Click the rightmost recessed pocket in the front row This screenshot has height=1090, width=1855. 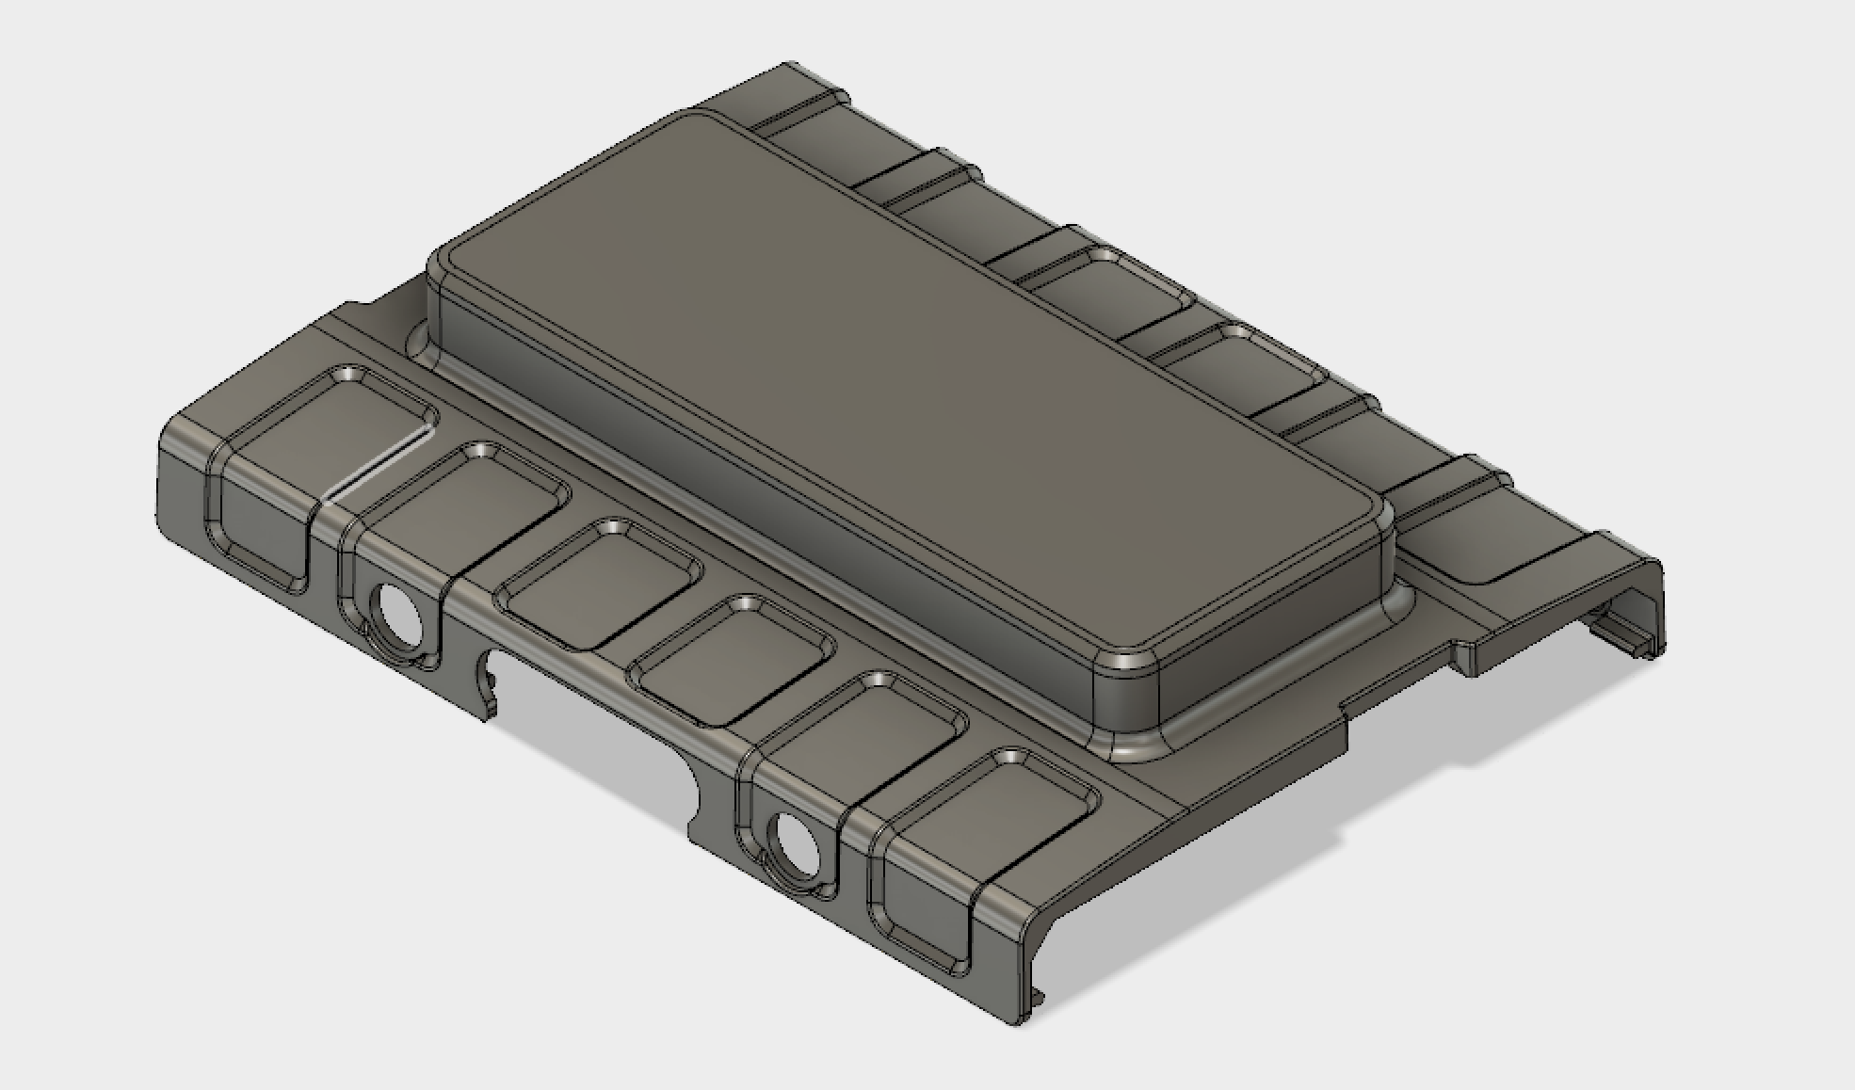pos(989,819)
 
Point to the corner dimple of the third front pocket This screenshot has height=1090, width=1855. pos(614,527)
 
